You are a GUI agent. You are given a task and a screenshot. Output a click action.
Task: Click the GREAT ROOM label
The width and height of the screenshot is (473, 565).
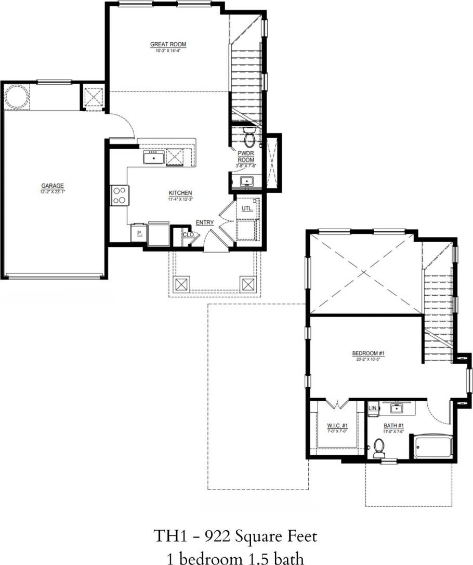pos(168,45)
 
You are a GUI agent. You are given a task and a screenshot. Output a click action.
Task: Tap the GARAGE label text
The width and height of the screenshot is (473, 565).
pos(52,186)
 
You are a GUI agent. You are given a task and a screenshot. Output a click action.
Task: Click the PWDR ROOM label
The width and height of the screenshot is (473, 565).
pos(246,156)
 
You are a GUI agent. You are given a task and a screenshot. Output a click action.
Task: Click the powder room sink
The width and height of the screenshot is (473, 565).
pos(246,181)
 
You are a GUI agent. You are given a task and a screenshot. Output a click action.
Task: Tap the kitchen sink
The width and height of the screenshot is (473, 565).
pos(154,157)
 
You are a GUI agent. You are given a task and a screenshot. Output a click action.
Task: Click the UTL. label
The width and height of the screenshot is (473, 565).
pos(247,208)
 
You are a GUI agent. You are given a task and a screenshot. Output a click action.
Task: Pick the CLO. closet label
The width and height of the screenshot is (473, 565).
pos(188,234)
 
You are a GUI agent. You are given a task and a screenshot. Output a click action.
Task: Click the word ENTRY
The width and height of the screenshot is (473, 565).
pos(205,222)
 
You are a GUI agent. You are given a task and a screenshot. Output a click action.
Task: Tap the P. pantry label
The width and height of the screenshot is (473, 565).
pos(139,234)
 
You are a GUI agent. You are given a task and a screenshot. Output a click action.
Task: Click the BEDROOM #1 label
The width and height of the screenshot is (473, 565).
pos(368,353)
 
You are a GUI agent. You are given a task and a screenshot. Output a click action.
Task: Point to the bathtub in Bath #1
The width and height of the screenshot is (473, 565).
pos(433,447)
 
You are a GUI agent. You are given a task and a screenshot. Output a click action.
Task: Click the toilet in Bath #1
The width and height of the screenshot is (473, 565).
pos(379,445)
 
